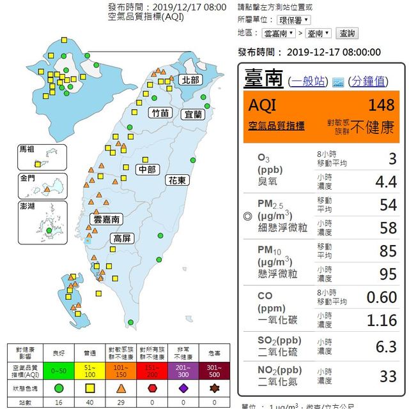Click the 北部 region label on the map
(x=190, y=80)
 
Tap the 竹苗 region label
(x=160, y=113)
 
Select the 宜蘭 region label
(x=193, y=114)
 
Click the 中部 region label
(x=147, y=169)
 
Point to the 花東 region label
(x=176, y=180)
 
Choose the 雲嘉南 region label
(x=106, y=219)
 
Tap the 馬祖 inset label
(x=27, y=149)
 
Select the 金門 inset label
(x=27, y=178)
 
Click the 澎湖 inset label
(x=27, y=207)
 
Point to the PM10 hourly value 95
(x=388, y=274)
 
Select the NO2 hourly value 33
(x=388, y=376)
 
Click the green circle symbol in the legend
(x=58, y=387)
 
